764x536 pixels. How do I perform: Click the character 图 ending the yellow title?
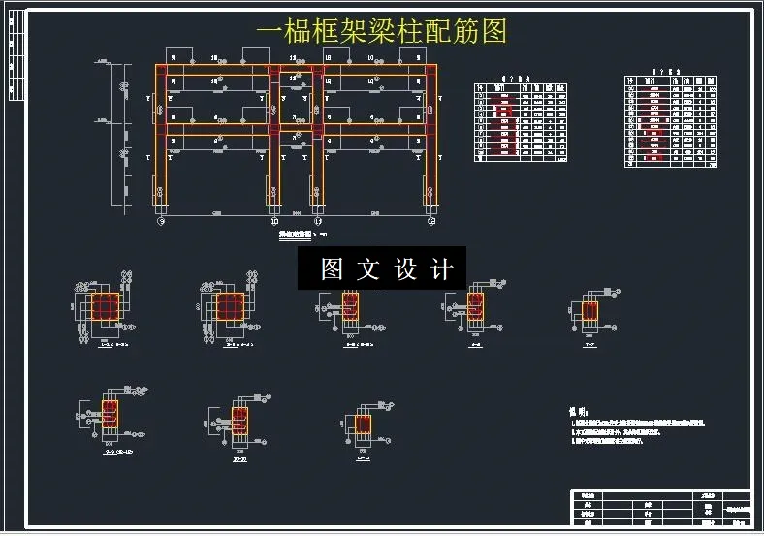click(493, 31)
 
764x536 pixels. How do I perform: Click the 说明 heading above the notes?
click(578, 412)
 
